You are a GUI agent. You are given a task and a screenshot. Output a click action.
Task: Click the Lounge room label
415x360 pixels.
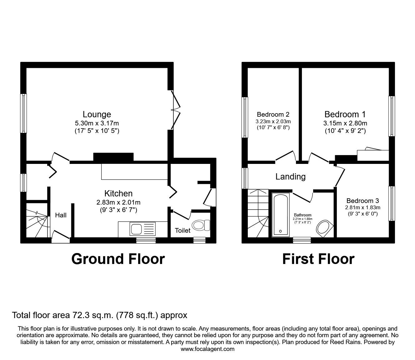[x=97, y=114]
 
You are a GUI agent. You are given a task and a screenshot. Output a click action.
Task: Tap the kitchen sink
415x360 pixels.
[x=142, y=229]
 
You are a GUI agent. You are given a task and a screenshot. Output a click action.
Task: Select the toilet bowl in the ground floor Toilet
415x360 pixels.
[x=201, y=225]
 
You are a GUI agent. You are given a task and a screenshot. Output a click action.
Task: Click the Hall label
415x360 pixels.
[x=61, y=215]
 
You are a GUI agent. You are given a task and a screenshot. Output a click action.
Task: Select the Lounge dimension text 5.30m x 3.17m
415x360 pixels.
[x=97, y=123]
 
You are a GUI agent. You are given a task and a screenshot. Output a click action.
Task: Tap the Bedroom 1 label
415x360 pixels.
[x=345, y=114]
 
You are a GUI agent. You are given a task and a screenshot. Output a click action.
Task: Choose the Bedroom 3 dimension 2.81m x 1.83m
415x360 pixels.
[x=362, y=207]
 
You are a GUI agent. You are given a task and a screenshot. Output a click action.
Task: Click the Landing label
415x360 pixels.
[x=290, y=177]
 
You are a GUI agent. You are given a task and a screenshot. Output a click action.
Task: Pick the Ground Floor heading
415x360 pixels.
[x=118, y=259]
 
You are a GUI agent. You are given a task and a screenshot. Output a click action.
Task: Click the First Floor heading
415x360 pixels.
[x=318, y=259]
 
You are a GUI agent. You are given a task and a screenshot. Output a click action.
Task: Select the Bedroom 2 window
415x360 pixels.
[x=245, y=117]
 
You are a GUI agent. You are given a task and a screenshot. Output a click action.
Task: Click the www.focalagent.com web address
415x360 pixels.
[x=207, y=349]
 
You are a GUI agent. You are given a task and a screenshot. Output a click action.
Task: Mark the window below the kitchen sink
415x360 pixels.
[x=146, y=241]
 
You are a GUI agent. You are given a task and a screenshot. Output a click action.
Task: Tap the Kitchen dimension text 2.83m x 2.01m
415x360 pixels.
[x=118, y=202]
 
